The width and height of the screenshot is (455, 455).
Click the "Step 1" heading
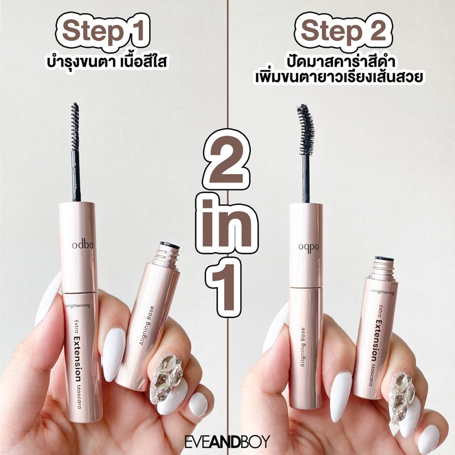(103, 31)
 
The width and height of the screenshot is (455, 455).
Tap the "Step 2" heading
(344, 31)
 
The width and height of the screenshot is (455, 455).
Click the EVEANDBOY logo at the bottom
(227, 441)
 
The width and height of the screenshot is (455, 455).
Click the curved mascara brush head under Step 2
(305, 129)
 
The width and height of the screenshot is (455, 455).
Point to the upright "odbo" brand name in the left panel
(82, 245)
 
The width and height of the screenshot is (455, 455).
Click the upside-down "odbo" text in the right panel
(308, 247)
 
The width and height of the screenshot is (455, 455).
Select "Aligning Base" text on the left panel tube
(147, 325)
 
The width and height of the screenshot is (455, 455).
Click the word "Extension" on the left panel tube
(77, 359)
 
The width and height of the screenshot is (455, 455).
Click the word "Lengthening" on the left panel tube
(77, 305)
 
